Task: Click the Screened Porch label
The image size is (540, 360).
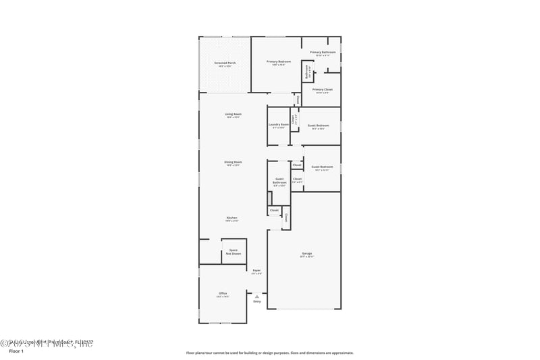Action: (x=225, y=63)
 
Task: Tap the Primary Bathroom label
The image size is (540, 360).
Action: (x=323, y=52)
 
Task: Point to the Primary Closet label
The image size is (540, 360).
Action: (x=322, y=89)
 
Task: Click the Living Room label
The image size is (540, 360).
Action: (x=233, y=114)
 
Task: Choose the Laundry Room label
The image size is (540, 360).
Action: (x=279, y=124)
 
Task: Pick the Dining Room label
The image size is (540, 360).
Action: (x=233, y=162)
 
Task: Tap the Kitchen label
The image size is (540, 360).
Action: (x=232, y=217)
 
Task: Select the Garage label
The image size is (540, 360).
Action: (x=306, y=254)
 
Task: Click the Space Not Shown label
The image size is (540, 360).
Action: (x=233, y=251)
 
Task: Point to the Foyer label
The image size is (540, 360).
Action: (x=256, y=270)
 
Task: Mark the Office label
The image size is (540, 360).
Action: (x=223, y=293)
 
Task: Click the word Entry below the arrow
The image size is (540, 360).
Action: (x=256, y=301)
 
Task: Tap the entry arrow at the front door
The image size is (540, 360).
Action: (x=256, y=294)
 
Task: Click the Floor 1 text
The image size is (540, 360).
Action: (x=16, y=352)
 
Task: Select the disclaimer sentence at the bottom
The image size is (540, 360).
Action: (x=269, y=353)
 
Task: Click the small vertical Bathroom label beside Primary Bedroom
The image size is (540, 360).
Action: (x=306, y=70)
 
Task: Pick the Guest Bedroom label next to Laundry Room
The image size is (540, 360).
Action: (x=318, y=126)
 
